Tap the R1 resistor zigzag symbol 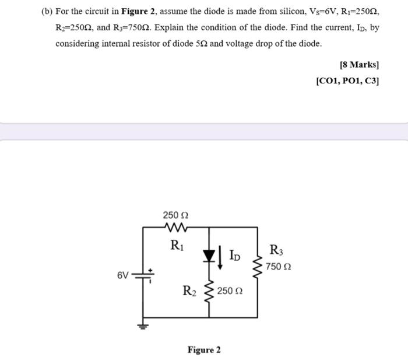tap(174, 227)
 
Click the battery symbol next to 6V tap(144, 274)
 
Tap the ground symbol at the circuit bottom tap(144, 325)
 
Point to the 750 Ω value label tap(279, 267)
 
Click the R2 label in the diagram tap(189, 289)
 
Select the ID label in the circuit tap(234, 255)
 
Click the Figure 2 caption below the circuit tap(204, 349)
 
